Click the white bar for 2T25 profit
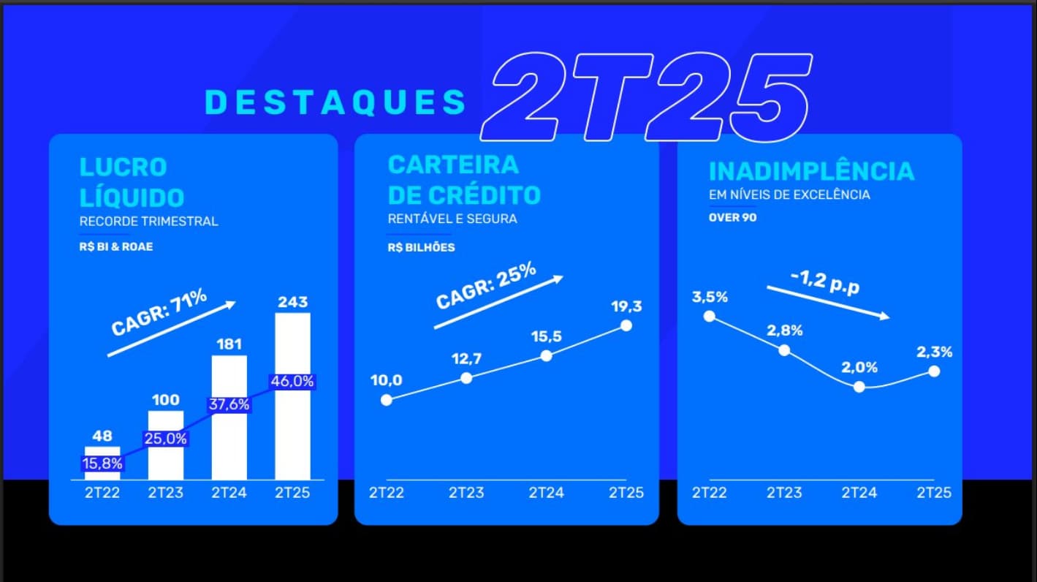[292, 424]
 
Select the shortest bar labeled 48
[102, 452]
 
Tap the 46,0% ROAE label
[292, 381]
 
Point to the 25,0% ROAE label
[166, 439]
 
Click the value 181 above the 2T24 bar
[229, 344]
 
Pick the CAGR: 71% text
[159, 312]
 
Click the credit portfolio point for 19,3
[626, 325]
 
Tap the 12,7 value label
[467, 359]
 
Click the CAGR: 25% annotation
[486, 286]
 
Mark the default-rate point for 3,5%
[709, 316]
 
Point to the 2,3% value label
[934, 352]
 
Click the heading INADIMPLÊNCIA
[811, 171]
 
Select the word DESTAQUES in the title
[335, 102]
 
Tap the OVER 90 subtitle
[732, 217]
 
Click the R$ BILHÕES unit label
[421, 247]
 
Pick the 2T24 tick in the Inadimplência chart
[859, 492]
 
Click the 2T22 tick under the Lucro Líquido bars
[102, 492]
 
